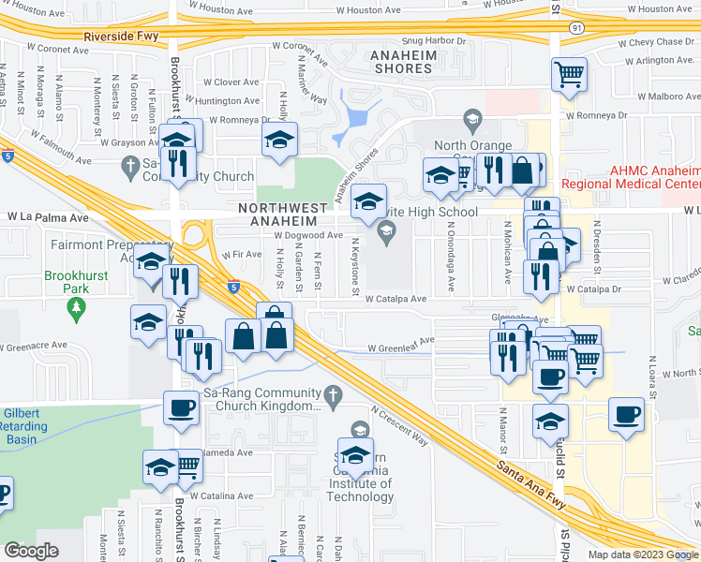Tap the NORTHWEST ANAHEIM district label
pos(283,214)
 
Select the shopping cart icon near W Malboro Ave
pos(570,75)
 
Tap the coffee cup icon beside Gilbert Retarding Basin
pos(181,407)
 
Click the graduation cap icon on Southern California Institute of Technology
pos(355,455)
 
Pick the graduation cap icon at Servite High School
pos(368,200)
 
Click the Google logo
pos(32,550)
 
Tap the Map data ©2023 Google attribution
pos(642,554)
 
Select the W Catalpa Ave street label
pos(396,299)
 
